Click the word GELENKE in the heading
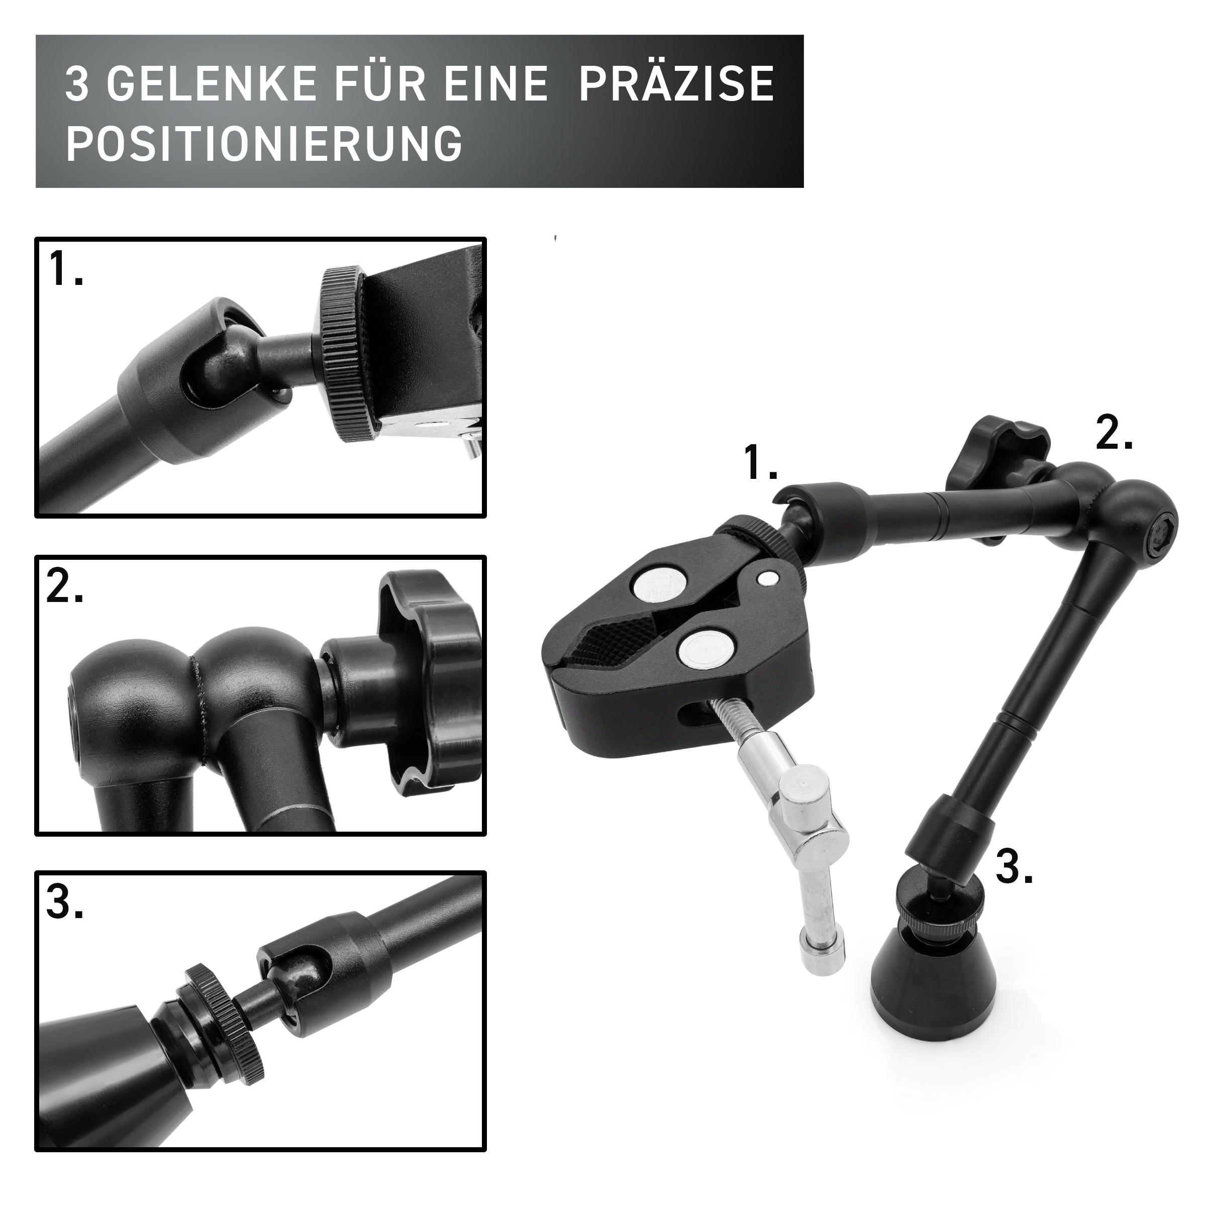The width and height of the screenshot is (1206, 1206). (211, 84)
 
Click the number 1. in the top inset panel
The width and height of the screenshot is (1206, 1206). (66, 268)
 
